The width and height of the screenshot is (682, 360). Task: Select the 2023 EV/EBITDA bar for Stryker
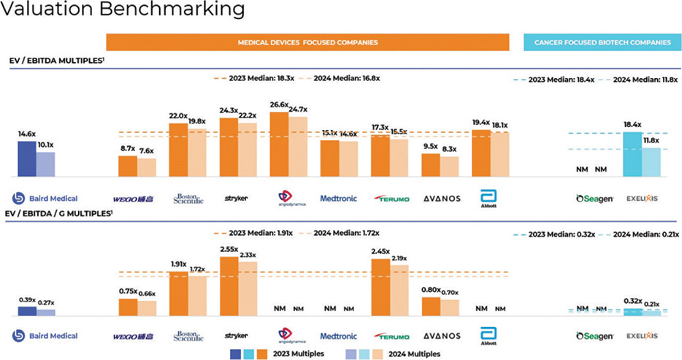(228, 147)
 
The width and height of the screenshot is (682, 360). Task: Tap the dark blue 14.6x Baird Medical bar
(26, 159)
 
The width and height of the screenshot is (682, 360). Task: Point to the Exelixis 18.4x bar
(632, 155)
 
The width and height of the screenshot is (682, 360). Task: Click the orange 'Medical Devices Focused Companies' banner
(307, 42)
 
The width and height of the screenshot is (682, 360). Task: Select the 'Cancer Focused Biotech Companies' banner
(602, 42)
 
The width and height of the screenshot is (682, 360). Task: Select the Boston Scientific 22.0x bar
(178, 150)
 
